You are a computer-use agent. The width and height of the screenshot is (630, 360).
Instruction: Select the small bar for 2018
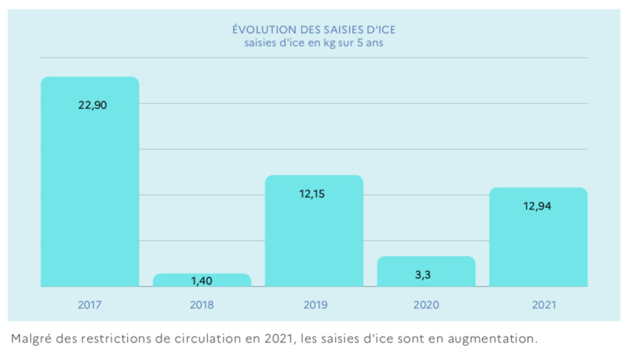(202, 280)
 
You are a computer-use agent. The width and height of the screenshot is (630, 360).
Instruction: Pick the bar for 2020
(426, 271)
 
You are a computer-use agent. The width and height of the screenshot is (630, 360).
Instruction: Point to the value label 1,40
(202, 281)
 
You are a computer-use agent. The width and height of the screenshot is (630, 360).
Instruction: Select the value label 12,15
(314, 194)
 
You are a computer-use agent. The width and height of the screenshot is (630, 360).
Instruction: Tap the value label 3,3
(426, 273)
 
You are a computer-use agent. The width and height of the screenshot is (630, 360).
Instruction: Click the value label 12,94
(538, 205)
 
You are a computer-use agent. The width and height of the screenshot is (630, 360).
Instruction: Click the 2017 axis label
(90, 304)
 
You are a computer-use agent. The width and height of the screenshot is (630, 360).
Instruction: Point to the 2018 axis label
(202, 304)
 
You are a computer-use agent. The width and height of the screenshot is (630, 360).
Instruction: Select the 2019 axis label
(314, 304)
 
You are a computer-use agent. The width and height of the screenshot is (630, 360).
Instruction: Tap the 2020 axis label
(426, 304)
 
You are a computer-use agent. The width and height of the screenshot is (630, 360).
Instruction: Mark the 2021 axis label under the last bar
(538, 304)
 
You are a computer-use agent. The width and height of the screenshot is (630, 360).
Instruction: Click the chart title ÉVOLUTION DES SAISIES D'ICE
(314, 29)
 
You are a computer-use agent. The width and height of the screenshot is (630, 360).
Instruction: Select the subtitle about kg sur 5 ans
(314, 43)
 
